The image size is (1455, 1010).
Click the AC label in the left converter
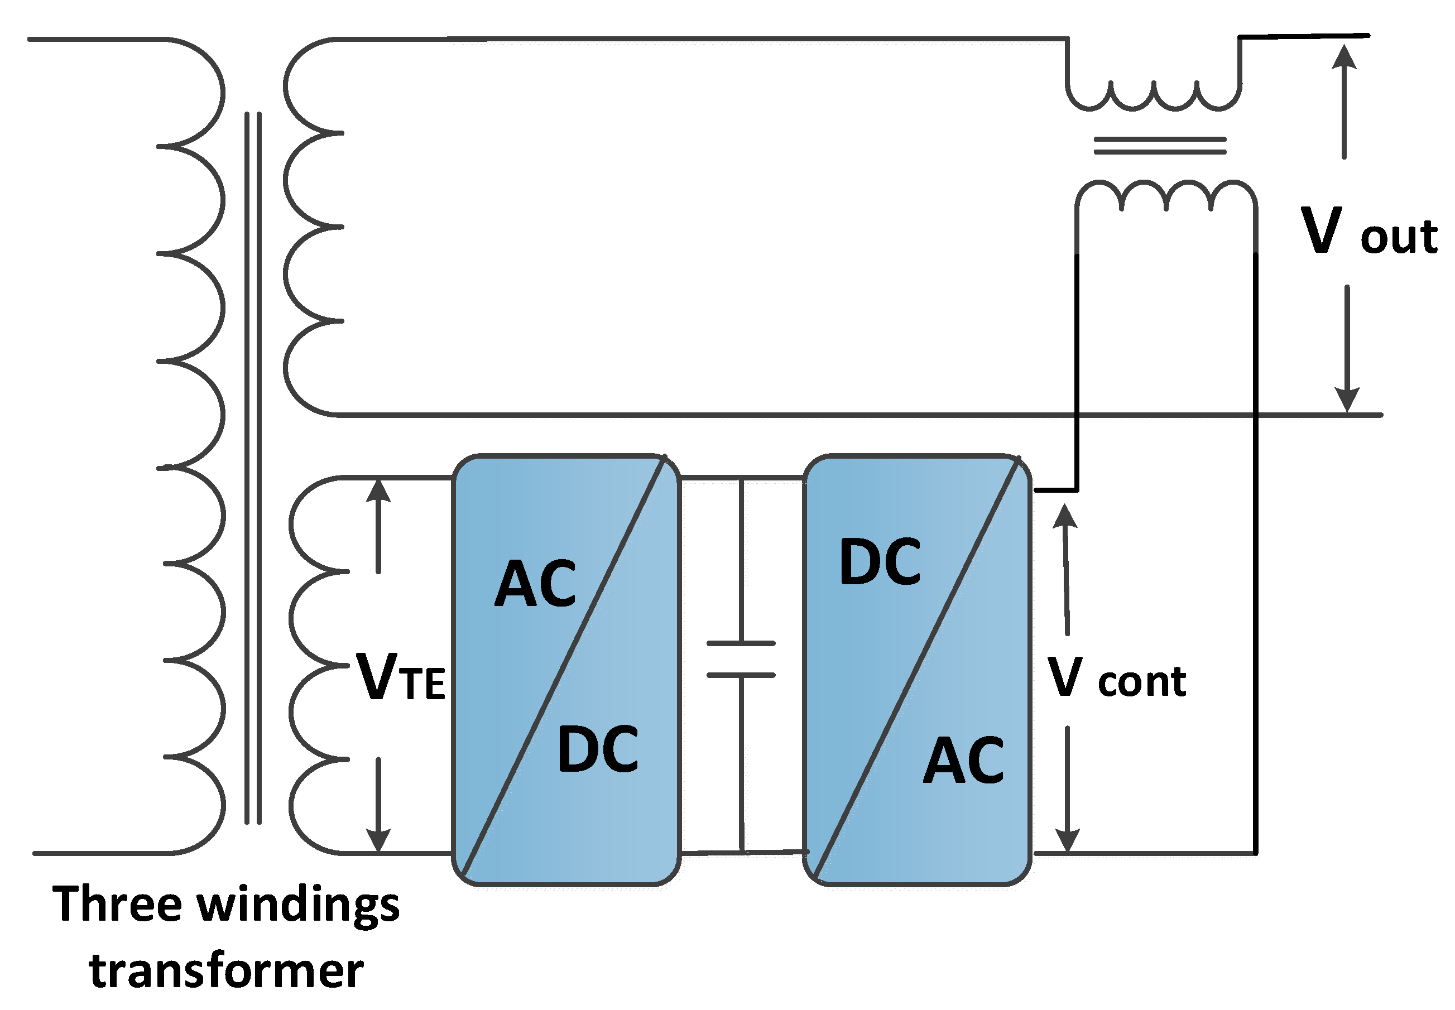(535, 584)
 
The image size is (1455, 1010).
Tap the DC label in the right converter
(880, 561)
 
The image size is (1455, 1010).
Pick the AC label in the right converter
(963, 760)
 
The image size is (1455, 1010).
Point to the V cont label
(1116, 676)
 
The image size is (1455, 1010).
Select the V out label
(1369, 230)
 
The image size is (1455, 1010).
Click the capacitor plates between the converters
(741, 660)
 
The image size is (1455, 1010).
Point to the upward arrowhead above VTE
(378, 490)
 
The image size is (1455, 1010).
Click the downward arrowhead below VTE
(378, 840)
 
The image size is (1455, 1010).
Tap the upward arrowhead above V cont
(1066, 516)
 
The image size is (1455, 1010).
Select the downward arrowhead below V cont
(1068, 840)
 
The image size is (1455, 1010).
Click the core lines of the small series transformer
(1160, 146)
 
